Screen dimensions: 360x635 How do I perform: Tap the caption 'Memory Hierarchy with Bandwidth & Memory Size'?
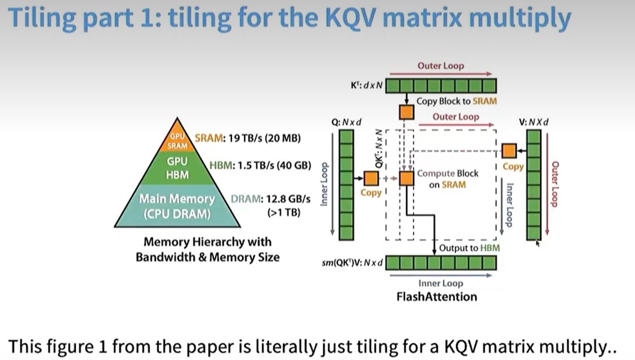[x=207, y=249]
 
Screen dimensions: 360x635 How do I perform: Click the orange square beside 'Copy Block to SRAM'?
[x=406, y=111]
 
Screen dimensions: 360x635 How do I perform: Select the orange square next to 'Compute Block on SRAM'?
[x=406, y=178]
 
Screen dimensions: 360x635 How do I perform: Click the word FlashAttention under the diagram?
[x=437, y=297]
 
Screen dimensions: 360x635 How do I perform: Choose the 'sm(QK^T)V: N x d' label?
[x=352, y=263]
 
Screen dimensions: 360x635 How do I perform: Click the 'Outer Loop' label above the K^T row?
[x=441, y=66]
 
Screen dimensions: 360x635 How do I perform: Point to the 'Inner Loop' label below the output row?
[x=440, y=284]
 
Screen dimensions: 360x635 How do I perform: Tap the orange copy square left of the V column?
[x=509, y=150]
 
